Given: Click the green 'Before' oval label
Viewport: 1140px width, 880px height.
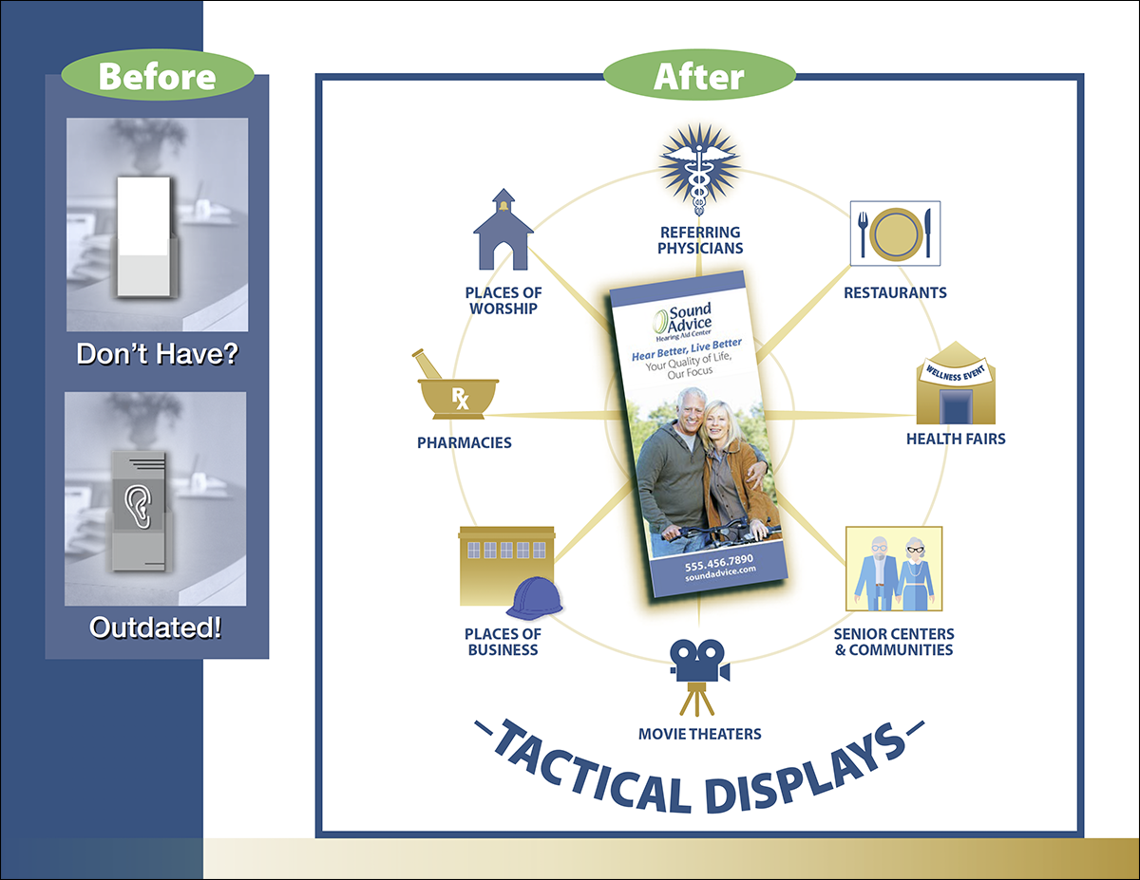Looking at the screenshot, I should (157, 75).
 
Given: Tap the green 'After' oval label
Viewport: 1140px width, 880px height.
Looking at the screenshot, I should (698, 75).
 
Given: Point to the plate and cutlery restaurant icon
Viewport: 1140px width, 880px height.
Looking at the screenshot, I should (895, 233).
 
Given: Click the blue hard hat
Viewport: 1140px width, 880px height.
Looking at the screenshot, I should (534, 598).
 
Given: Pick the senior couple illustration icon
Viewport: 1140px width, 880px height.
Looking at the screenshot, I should (894, 569).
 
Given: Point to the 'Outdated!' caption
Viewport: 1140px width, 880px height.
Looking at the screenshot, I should (156, 627).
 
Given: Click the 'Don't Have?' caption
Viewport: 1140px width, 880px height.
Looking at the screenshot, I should (156, 355).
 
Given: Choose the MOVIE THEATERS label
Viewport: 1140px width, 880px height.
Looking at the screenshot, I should (699, 734).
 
